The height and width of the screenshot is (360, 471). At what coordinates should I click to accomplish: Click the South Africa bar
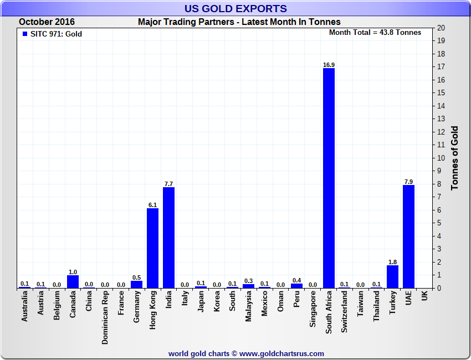[329, 178]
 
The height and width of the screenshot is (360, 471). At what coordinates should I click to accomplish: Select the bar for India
[168, 238]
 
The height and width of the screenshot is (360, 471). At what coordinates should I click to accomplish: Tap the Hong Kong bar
[152, 248]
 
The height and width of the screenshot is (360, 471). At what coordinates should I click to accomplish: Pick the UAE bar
[408, 236]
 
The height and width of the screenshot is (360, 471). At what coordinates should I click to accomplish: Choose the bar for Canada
[73, 281]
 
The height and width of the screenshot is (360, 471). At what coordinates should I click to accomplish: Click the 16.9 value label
[329, 65]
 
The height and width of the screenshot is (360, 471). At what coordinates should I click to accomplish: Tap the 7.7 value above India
[168, 184]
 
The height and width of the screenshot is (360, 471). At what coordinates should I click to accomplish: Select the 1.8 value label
[392, 262]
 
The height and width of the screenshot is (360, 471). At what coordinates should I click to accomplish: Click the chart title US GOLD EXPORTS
[235, 8]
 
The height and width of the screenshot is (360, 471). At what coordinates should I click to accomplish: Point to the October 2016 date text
[47, 22]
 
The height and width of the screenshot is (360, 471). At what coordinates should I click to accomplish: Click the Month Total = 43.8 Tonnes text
[375, 32]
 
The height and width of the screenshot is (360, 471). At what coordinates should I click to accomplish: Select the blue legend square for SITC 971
[24, 34]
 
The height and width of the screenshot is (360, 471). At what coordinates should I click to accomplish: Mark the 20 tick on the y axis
[441, 28]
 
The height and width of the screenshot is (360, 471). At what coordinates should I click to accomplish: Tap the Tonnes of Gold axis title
[455, 158]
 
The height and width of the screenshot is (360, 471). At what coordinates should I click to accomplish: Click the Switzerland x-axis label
[345, 312]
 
